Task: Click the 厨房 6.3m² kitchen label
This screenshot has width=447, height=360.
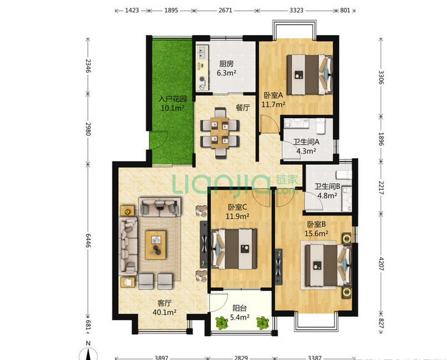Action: click(x=226, y=68)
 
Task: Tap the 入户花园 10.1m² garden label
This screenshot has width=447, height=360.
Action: click(x=173, y=103)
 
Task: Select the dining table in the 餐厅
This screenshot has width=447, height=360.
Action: click(x=220, y=133)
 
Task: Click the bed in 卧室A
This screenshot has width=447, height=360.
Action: click(x=310, y=74)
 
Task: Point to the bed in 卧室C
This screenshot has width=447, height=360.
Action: click(x=234, y=249)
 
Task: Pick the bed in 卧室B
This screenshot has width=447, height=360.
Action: click(x=328, y=266)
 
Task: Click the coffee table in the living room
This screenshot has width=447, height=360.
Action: click(x=156, y=245)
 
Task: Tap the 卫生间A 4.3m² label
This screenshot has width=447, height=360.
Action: click(x=306, y=146)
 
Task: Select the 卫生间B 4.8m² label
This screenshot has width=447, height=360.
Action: click(x=327, y=191)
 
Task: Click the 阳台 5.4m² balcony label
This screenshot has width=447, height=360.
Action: click(x=240, y=313)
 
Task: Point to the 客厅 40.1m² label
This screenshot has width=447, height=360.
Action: click(x=165, y=308)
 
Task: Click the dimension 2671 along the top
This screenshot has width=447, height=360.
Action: click(x=225, y=10)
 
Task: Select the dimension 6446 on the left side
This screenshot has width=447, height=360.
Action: click(x=88, y=241)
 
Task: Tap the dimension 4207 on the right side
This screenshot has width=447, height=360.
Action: click(x=381, y=264)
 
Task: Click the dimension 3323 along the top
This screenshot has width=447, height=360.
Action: click(x=296, y=10)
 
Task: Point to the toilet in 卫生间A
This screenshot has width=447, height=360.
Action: click(x=321, y=126)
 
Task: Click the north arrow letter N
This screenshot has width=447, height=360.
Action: click(x=89, y=343)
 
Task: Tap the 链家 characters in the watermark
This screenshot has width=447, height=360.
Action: click(x=287, y=180)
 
